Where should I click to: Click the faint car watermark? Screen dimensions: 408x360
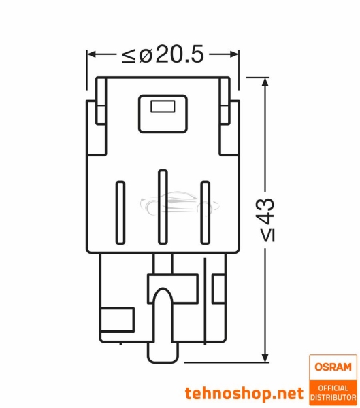(x=169, y=202)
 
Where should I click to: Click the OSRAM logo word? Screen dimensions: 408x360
(x=333, y=367)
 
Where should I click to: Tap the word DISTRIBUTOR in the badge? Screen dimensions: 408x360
(x=333, y=396)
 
